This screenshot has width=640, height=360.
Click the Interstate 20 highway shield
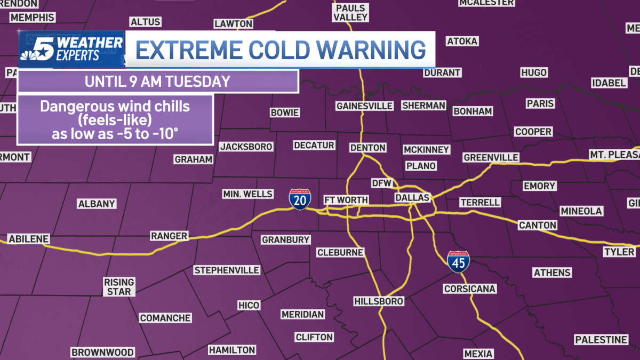pyautogui.click(x=298, y=199)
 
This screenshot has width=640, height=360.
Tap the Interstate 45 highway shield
pyautogui.click(x=458, y=262)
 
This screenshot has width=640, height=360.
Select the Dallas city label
pyautogui.click(x=412, y=198)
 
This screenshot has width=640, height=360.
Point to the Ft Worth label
pyautogui.click(x=346, y=200)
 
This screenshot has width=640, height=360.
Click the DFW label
pyautogui.click(x=382, y=183)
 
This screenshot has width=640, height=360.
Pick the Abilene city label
pyautogui.click(x=29, y=238)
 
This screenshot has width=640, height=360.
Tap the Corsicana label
pyautogui.click(x=470, y=289)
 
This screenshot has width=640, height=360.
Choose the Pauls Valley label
pyautogui.click(x=350, y=12)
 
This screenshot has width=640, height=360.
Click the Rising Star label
pyautogui.click(x=119, y=286)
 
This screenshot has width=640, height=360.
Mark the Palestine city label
pyautogui.click(x=601, y=340)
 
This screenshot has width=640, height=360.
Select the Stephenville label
pyautogui.click(x=227, y=270)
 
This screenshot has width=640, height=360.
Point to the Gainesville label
pyautogui.click(x=364, y=106)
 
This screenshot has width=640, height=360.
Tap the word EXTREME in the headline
pyautogui.click(x=184, y=50)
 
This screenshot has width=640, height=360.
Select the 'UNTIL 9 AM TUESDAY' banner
pyautogui.click(x=157, y=82)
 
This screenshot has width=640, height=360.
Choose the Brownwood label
pyautogui.click(x=102, y=353)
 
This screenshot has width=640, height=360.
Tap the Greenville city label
pyautogui.click(x=491, y=157)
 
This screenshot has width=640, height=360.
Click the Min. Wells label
pyautogui.click(x=247, y=194)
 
